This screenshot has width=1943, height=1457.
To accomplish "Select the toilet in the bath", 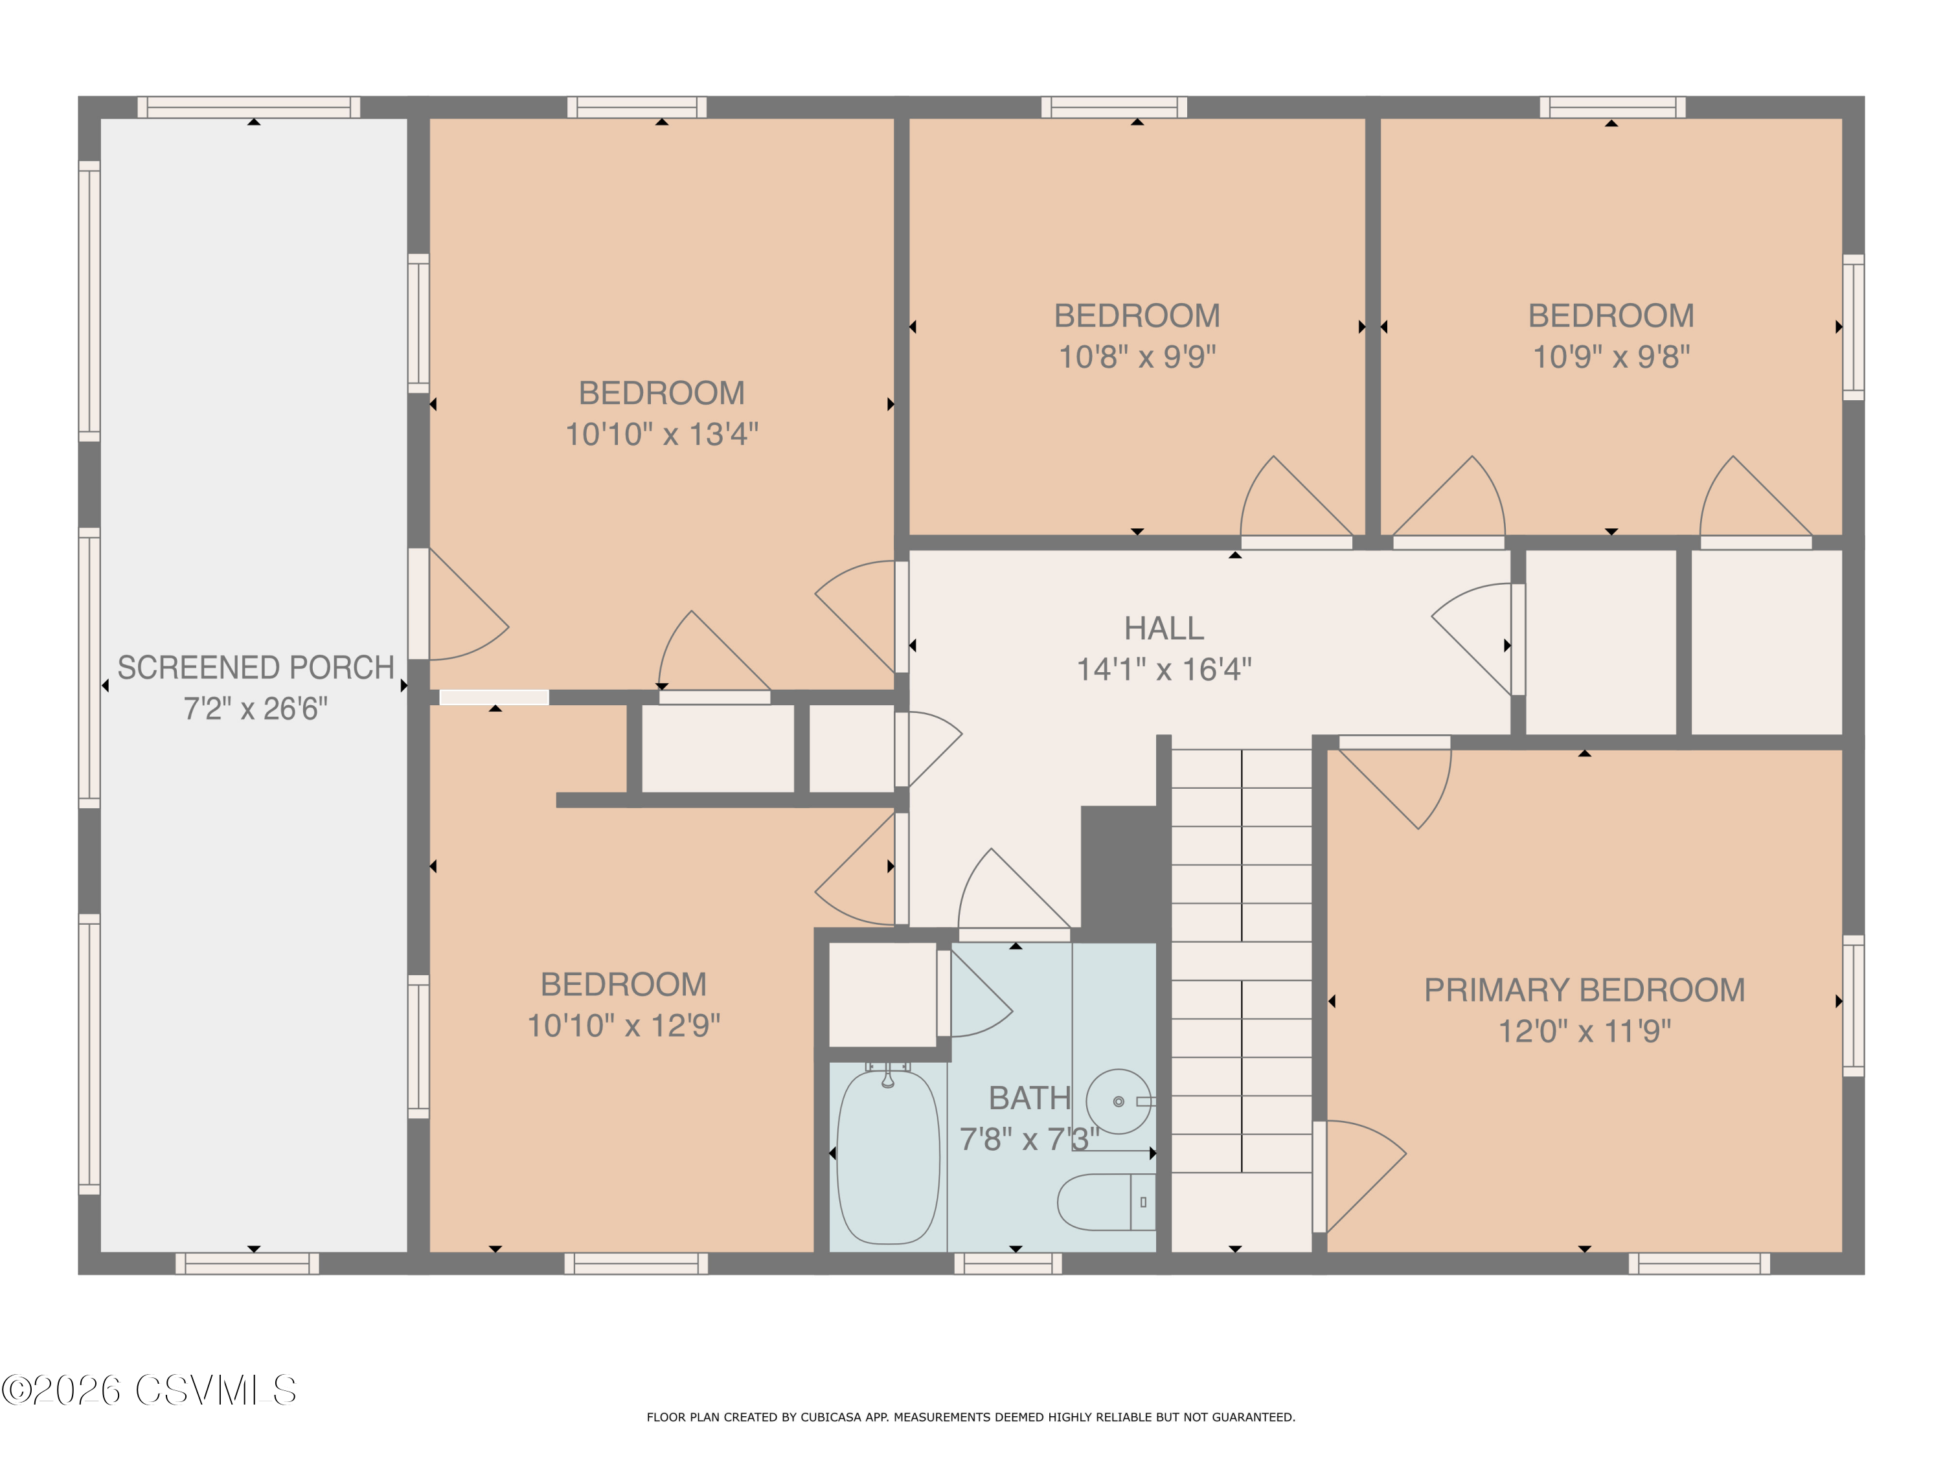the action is (1107, 1201).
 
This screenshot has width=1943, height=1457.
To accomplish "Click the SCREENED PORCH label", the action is (256, 668).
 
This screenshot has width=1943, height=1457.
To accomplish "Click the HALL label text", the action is (1164, 628).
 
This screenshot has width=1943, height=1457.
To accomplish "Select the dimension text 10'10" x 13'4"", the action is (661, 434).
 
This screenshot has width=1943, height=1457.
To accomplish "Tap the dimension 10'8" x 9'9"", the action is (1137, 357).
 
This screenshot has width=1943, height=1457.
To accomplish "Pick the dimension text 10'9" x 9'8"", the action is (1611, 357).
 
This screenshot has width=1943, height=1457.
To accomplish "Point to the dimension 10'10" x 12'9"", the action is (624, 1025).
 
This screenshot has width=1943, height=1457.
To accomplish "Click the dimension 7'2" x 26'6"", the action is (256, 708).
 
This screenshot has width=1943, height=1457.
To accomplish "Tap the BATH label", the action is (1030, 1098).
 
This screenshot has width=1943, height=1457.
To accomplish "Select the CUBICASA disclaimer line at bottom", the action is (971, 1417).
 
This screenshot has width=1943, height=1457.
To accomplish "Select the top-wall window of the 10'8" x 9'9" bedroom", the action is (1114, 107).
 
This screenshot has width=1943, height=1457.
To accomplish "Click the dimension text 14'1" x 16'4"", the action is (1164, 669).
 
